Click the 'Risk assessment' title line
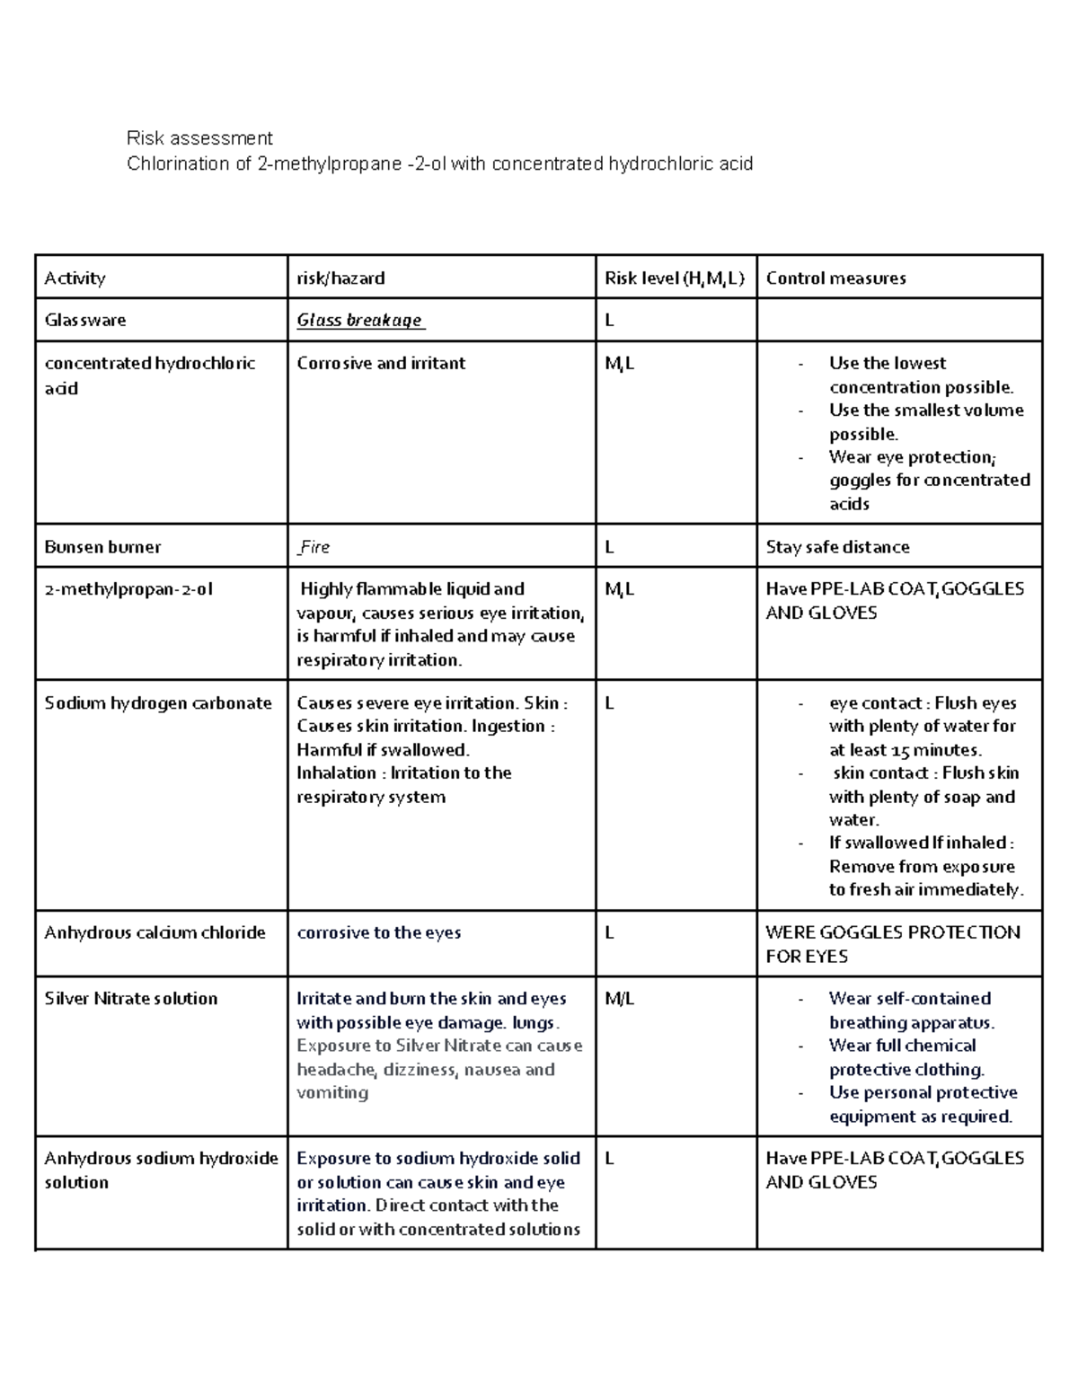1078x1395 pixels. pos(199,138)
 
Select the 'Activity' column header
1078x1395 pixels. pos(75,278)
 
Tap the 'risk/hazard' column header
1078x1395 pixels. pos(340,278)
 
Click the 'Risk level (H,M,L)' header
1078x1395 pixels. pos(674,278)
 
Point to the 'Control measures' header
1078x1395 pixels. pos(835,278)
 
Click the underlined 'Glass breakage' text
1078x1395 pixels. pos(360,321)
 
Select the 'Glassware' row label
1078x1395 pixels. pos(85,321)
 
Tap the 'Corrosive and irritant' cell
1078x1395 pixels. pos(381,364)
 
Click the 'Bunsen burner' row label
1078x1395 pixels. pos(102,547)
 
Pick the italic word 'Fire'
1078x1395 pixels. pos(314,547)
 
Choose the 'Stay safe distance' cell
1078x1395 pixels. pos(837,547)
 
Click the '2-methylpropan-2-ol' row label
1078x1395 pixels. pos(128,590)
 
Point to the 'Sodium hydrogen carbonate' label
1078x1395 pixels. pos(158,703)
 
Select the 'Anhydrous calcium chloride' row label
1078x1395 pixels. pos(155,933)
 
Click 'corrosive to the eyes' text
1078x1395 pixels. pos(378,933)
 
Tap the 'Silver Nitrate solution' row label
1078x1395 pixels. pos(131,999)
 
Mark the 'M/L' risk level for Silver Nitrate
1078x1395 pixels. pos(619,999)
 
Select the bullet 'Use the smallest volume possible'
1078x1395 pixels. pos(925,422)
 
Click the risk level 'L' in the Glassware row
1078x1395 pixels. pos(610,321)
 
